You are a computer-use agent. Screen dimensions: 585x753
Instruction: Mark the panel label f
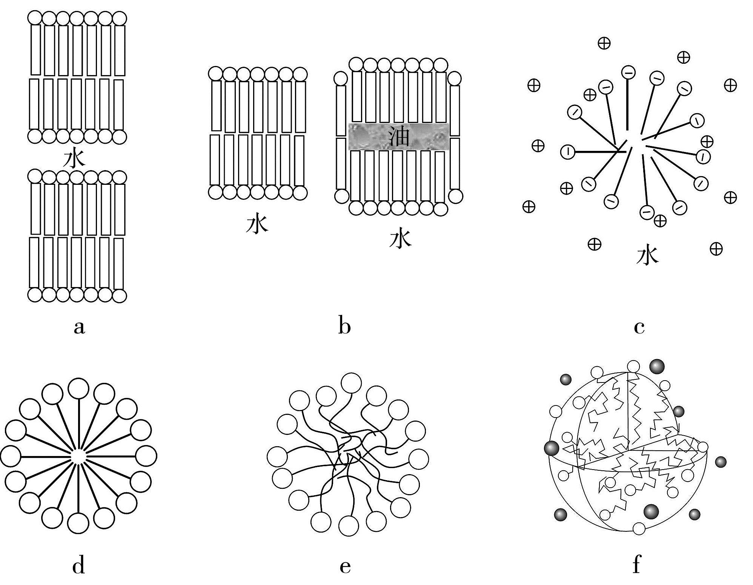coord(637,565)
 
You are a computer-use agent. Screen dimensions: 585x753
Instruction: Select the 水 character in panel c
coord(647,255)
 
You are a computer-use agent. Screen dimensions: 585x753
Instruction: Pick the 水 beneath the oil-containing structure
coord(400,239)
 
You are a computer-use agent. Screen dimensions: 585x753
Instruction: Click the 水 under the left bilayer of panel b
coord(257,224)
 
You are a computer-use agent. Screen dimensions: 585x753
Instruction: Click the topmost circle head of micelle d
coord(79,388)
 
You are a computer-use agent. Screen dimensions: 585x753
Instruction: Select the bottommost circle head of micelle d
coord(78,524)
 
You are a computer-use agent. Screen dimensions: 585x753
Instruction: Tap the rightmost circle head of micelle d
coord(146,456)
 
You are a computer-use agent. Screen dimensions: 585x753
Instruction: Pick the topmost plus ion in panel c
coord(604,43)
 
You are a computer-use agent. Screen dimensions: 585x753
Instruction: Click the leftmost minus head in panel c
coord(567,152)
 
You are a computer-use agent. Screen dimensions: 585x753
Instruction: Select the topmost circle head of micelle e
coord(351,383)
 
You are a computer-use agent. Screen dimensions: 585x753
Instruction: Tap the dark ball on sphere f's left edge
coord(552,448)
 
